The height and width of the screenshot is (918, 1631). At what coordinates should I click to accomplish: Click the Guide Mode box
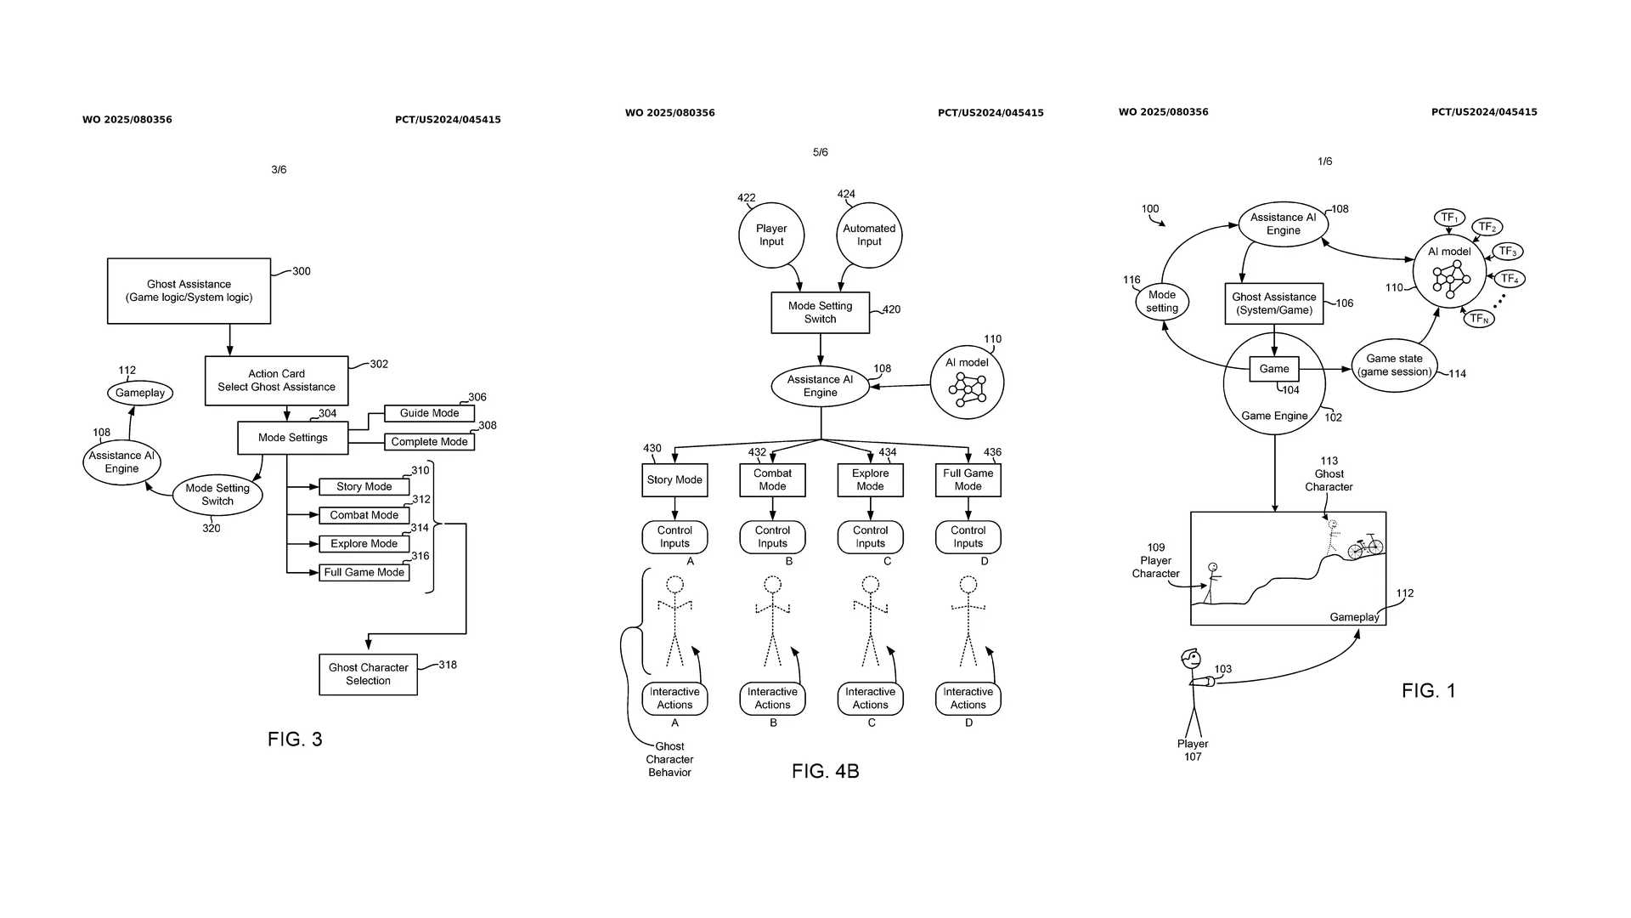tap(429, 413)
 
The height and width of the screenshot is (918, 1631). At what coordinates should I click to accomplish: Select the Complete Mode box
tap(429, 442)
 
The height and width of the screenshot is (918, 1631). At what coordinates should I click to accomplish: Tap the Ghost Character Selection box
tap(368, 674)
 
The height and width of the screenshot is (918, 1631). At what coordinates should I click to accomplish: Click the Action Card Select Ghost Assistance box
tap(276, 380)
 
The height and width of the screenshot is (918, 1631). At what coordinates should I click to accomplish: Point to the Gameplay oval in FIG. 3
tap(140, 393)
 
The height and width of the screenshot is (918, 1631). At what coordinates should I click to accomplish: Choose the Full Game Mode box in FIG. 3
tap(364, 572)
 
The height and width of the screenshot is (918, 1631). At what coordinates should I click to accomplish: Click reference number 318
tap(448, 665)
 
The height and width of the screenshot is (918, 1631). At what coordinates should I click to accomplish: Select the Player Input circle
tap(771, 235)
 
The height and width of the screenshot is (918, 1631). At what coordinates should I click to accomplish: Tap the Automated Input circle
tap(869, 235)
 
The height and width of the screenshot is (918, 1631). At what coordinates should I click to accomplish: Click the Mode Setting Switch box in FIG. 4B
tap(820, 312)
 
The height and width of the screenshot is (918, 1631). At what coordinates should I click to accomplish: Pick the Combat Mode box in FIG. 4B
tap(772, 479)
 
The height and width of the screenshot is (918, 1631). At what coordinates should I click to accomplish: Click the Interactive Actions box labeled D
tap(968, 698)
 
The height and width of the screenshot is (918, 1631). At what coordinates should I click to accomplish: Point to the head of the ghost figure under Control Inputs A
tap(674, 585)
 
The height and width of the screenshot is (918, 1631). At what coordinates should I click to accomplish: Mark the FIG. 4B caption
tap(825, 771)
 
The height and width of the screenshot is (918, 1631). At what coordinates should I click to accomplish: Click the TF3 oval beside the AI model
tap(1508, 252)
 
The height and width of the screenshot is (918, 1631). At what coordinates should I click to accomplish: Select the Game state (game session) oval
tap(1394, 365)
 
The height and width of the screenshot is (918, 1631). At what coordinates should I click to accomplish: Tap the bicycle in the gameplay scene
tap(1365, 547)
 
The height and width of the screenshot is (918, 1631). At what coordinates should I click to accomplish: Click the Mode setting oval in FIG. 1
tap(1161, 301)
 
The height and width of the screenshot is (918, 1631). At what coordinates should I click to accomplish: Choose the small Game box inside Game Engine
tap(1273, 369)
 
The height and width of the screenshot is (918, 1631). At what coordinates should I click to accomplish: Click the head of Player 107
tap(1191, 659)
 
